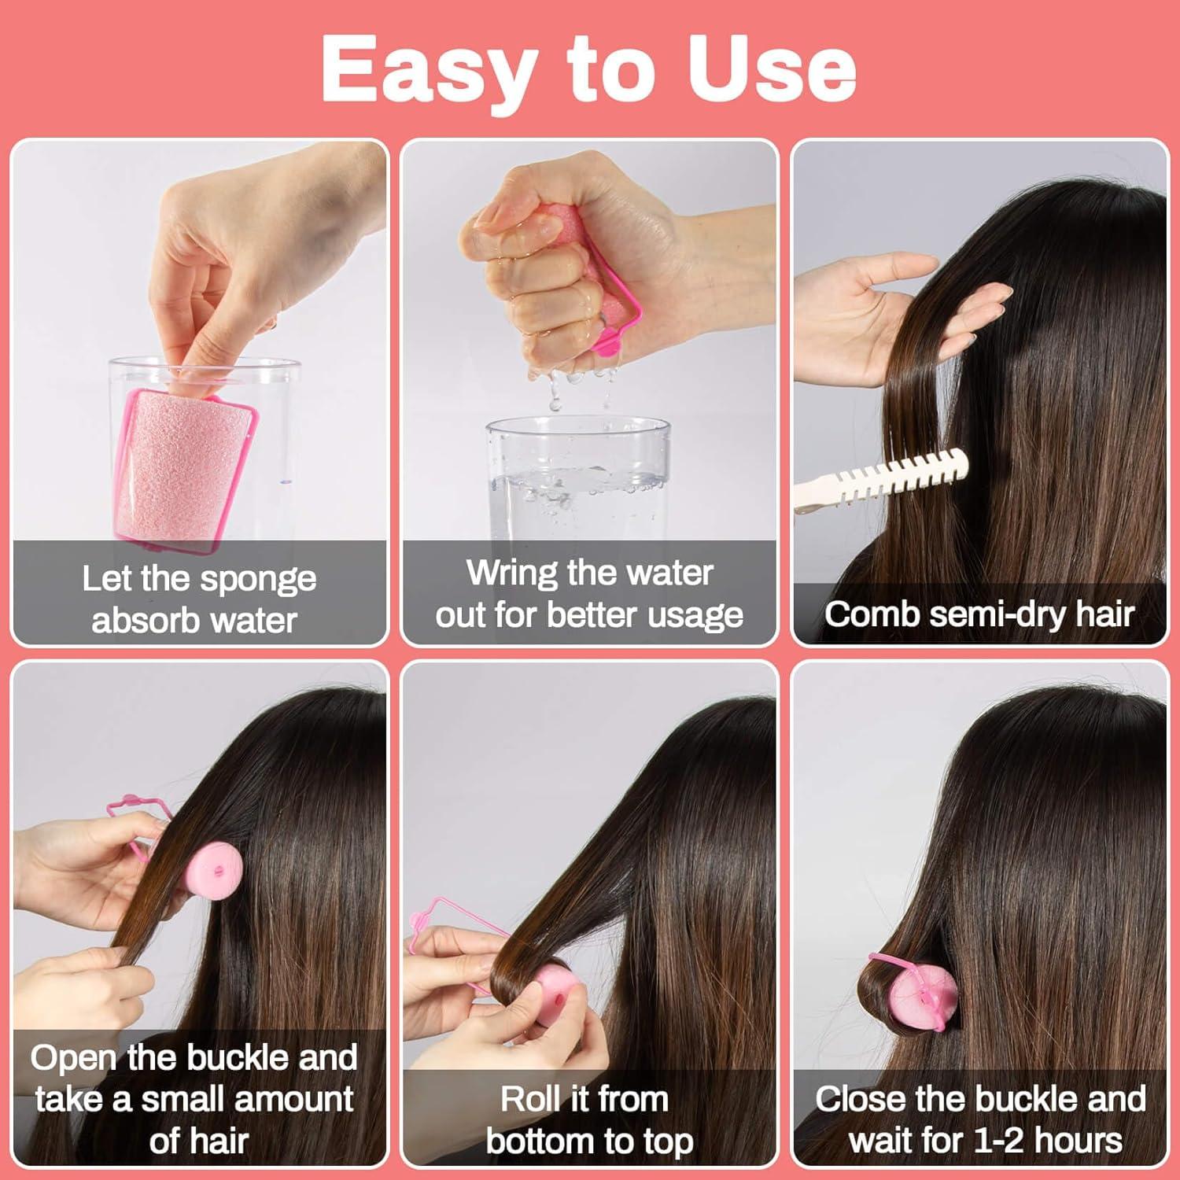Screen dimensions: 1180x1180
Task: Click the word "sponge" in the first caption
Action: [258, 580]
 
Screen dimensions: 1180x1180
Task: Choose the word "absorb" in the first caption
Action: [135, 621]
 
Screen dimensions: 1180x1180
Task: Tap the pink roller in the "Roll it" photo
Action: [551, 995]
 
